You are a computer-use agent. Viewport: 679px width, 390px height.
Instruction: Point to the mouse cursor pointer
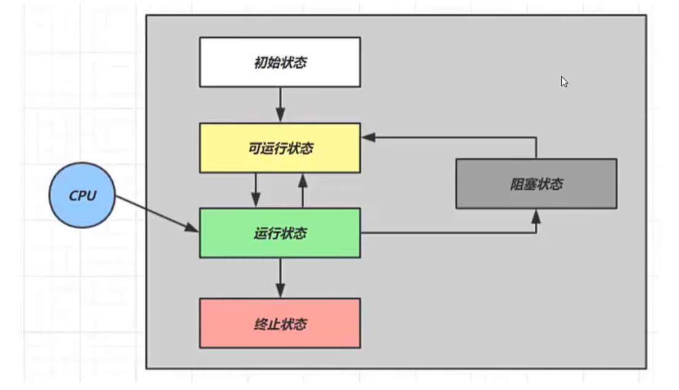(564, 81)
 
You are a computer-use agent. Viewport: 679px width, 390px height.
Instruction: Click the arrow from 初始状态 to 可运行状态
(280, 105)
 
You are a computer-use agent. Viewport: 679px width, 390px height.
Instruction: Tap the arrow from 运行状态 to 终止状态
(280, 278)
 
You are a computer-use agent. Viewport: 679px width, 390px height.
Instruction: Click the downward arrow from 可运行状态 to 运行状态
(256, 190)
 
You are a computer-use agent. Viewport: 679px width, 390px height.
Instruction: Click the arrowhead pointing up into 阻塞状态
(536, 215)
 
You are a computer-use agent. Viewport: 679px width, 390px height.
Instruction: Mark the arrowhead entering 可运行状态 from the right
(368, 137)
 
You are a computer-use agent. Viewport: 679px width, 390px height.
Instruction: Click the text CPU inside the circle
(82, 196)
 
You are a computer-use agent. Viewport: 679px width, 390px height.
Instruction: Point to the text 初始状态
(280, 62)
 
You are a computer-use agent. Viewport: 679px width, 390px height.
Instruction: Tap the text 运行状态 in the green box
(280, 234)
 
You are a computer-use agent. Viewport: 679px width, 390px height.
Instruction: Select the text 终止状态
(280, 324)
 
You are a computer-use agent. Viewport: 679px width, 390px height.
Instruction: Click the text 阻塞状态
(536, 184)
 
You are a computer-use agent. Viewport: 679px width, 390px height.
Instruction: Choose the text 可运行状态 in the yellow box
(280, 148)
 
